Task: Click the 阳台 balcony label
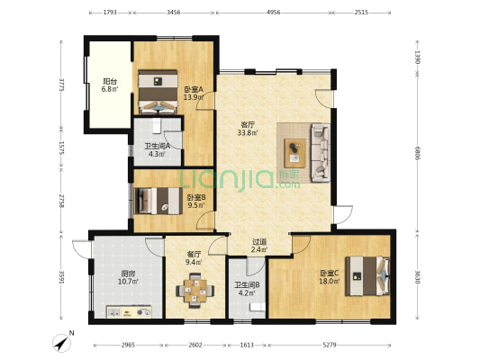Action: coord(110,82)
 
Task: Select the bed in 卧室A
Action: coord(158,92)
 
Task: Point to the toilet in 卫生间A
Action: coord(157,126)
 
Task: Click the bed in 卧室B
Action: coord(158,201)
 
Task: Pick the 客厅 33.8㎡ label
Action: coord(248,129)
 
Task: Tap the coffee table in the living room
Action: coord(294,153)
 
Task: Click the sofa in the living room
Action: coord(321,153)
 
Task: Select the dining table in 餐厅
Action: coord(195,291)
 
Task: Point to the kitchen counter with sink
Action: coord(129,312)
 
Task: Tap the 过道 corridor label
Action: coord(259,241)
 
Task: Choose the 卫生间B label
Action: coord(247,285)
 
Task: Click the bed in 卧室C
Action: coord(367,276)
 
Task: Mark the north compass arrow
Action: coord(61,343)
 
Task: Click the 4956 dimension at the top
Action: coord(274,13)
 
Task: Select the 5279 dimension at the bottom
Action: coord(330,345)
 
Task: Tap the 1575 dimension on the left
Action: coord(61,148)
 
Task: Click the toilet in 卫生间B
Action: coord(258,307)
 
